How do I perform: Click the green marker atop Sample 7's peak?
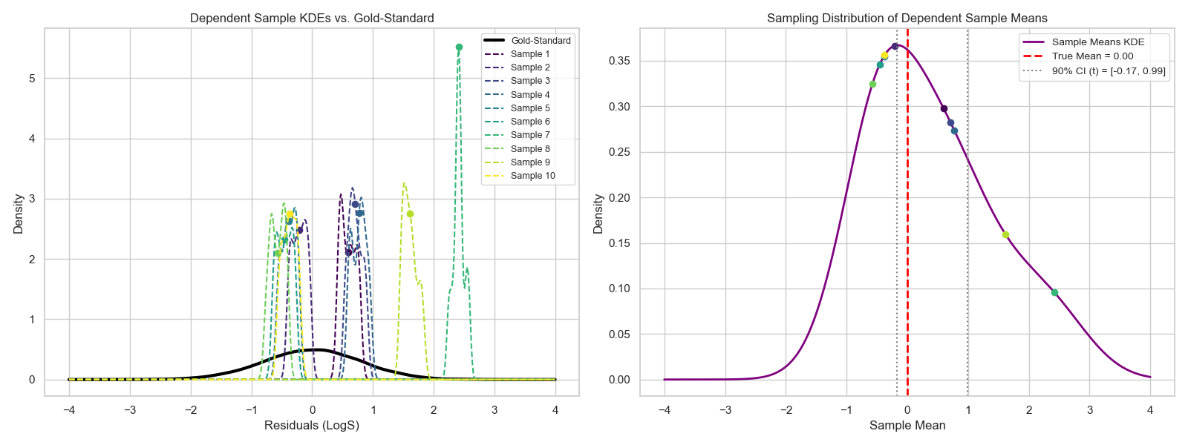pyautogui.click(x=459, y=47)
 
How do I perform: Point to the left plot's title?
pyautogui.click(x=312, y=18)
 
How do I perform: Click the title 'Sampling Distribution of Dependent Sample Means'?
pyautogui.click(x=907, y=18)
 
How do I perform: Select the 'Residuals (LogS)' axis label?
pyautogui.click(x=312, y=425)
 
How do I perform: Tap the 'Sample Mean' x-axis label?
pyautogui.click(x=907, y=425)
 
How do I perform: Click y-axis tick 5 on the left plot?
pyautogui.click(x=32, y=79)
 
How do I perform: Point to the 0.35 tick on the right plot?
pyautogui.click(x=619, y=61)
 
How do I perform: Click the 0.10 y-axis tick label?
pyautogui.click(x=619, y=289)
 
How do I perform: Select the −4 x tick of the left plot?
pyautogui.click(x=69, y=409)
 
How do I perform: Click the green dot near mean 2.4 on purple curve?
pyautogui.click(x=1054, y=292)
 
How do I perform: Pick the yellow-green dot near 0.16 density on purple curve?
pyautogui.click(x=1005, y=235)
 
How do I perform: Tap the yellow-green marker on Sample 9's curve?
pyautogui.click(x=410, y=214)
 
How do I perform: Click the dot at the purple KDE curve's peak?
pyautogui.click(x=895, y=46)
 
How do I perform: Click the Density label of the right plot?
pyautogui.click(x=598, y=214)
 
